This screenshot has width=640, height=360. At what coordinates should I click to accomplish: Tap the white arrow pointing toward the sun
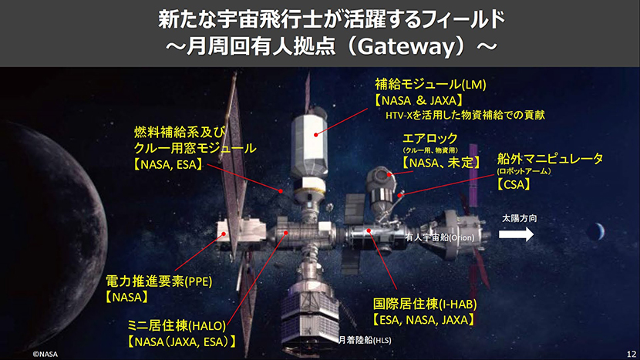[x=516, y=234]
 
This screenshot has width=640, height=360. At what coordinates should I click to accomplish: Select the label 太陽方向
[x=519, y=218]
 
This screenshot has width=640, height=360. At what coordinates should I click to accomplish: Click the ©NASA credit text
[x=45, y=354]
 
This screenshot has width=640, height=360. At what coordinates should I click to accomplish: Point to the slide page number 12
[x=632, y=354]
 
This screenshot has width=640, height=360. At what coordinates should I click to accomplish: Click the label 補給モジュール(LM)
[x=430, y=85]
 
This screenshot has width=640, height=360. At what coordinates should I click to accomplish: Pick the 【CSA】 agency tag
[x=514, y=184]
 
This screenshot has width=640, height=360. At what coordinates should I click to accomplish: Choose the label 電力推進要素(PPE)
[x=159, y=281]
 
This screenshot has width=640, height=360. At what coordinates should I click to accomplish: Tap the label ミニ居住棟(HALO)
[x=177, y=325]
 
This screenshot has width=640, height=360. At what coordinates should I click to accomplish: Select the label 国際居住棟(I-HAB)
[x=425, y=304]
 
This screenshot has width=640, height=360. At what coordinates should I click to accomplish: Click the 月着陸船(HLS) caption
[x=365, y=340]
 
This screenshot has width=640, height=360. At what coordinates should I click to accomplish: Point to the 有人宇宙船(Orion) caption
[x=440, y=237]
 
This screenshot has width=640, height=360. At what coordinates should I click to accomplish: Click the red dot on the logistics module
[x=316, y=134]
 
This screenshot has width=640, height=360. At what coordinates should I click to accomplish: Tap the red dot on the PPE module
[x=224, y=234]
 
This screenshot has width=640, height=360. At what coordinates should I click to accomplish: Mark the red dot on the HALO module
[x=286, y=233]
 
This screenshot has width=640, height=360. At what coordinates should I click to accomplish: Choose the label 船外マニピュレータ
[x=550, y=158]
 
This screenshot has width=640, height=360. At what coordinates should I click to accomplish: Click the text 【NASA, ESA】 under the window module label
[x=168, y=164]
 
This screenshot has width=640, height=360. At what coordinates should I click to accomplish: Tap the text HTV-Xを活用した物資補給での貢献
[x=465, y=115]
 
